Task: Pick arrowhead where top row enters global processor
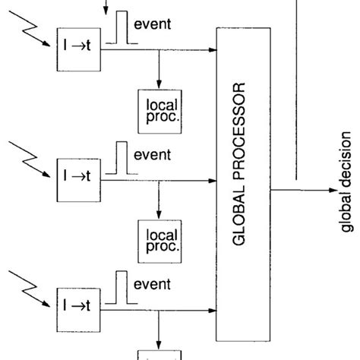pos(212,51)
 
